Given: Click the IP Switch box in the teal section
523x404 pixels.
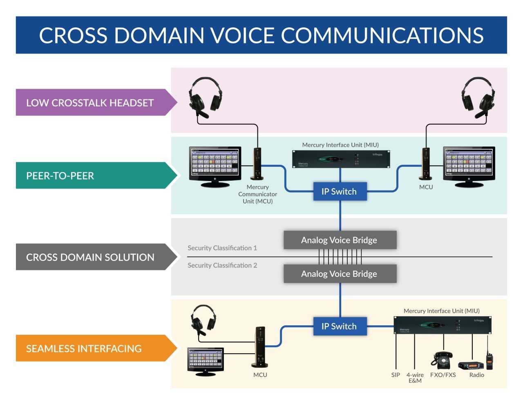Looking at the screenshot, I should click(x=340, y=191).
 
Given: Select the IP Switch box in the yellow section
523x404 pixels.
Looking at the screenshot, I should click(x=340, y=326).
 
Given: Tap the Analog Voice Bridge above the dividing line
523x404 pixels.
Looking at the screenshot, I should click(x=340, y=240).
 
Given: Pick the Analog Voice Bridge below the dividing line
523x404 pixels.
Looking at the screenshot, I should click(x=340, y=274).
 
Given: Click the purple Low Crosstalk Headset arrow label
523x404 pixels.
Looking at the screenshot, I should click(x=90, y=103).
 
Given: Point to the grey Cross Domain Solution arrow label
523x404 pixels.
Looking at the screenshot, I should click(x=90, y=257).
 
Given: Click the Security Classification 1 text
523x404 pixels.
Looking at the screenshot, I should click(x=222, y=248).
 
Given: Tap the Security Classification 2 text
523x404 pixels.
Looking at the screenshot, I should click(x=222, y=265).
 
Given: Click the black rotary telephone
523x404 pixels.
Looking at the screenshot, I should click(x=442, y=360).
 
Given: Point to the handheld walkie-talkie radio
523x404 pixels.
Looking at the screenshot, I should click(x=489, y=360).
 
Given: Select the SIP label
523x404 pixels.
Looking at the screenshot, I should click(x=396, y=375).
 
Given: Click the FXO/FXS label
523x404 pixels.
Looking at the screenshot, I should click(x=443, y=375).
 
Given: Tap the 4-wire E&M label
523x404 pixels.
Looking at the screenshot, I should click(x=415, y=378).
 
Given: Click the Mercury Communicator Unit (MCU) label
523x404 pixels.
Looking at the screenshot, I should click(x=257, y=194).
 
